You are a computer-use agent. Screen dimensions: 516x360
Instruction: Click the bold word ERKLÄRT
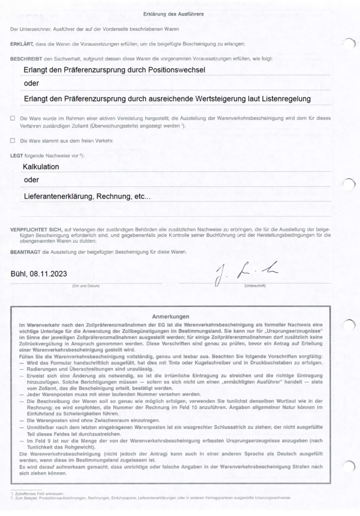(20, 44)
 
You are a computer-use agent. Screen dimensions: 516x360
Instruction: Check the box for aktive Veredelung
(13, 119)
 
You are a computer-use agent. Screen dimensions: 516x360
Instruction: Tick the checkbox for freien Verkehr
(13, 141)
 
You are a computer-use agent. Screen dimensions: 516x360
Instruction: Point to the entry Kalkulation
(41, 167)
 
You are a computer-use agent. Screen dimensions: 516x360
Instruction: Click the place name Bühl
(19, 274)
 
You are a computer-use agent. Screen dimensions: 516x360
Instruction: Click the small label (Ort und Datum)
(86, 286)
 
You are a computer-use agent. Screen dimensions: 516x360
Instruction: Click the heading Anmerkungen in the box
(170, 316)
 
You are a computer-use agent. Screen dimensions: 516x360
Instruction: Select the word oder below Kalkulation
(31, 180)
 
